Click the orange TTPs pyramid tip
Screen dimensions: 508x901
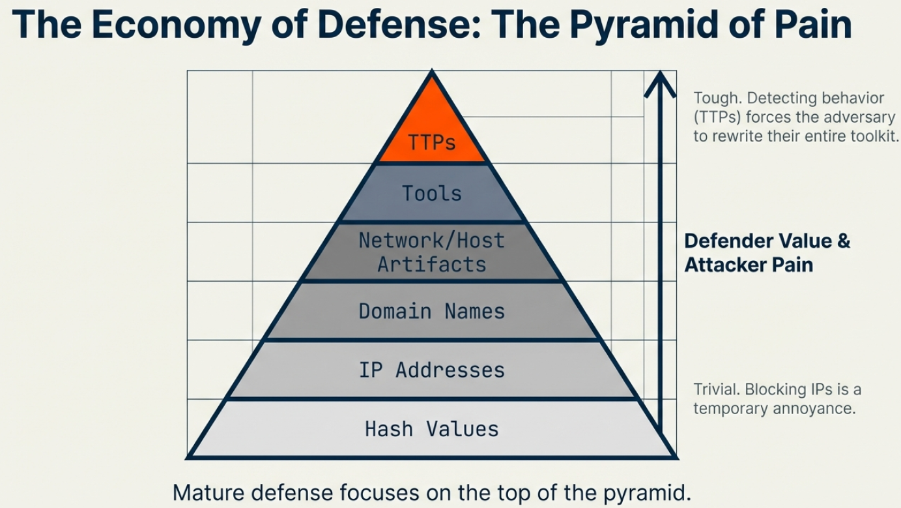point(432,130)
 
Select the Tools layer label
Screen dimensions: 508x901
point(432,194)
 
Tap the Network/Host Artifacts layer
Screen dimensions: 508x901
point(432,252)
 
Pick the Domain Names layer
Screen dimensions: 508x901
point(432,311)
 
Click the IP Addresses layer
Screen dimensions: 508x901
point(432,370)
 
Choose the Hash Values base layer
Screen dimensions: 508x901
point(432,429)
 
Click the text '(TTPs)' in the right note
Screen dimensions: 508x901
point(717,117)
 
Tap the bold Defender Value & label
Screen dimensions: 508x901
point(767,241)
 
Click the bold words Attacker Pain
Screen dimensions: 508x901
point(748,265)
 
